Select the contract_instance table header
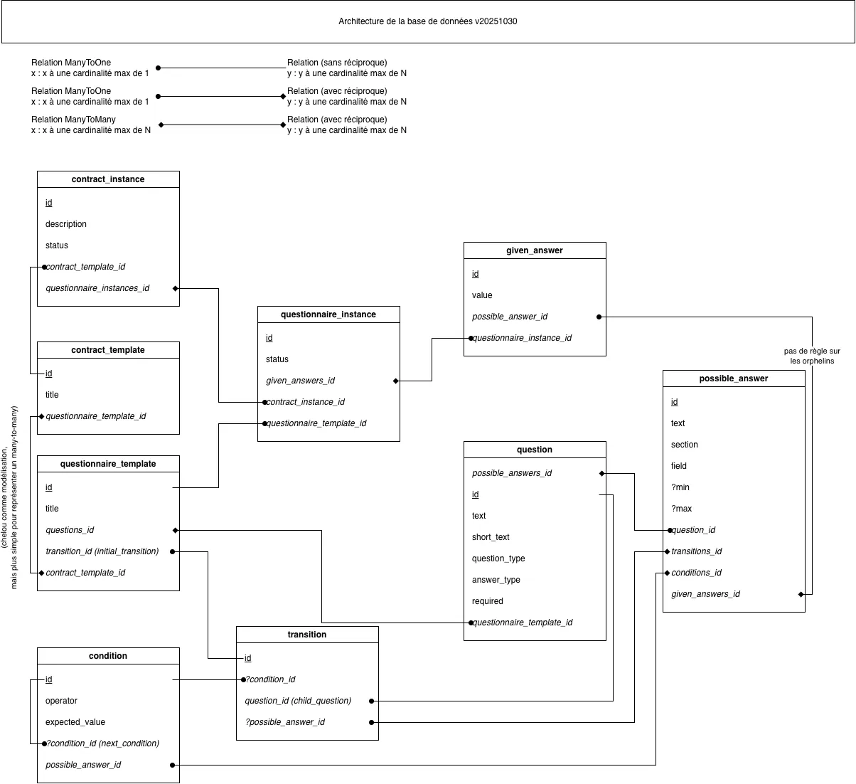coord(108,179)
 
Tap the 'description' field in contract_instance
coord(65,224)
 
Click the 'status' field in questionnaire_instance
coord(277,359)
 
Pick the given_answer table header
coord(534,250)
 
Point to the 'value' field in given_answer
coord(482,295)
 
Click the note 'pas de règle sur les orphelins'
coord(812,356)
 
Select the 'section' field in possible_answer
coord(684,445)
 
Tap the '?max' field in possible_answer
coord(681,509)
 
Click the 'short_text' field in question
coord(491,537)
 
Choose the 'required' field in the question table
coord(487,601)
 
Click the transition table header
coord(307,635)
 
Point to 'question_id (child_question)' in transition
coord(298,701)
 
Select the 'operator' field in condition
coord(61,701)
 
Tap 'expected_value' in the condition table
coord(75,722)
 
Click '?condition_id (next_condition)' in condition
coord(102,743)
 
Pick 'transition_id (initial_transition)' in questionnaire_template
coord(102,551)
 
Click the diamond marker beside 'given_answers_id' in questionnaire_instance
coord(395,381)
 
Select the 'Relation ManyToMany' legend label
coord(73,120)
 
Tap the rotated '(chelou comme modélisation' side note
coord(4,497)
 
